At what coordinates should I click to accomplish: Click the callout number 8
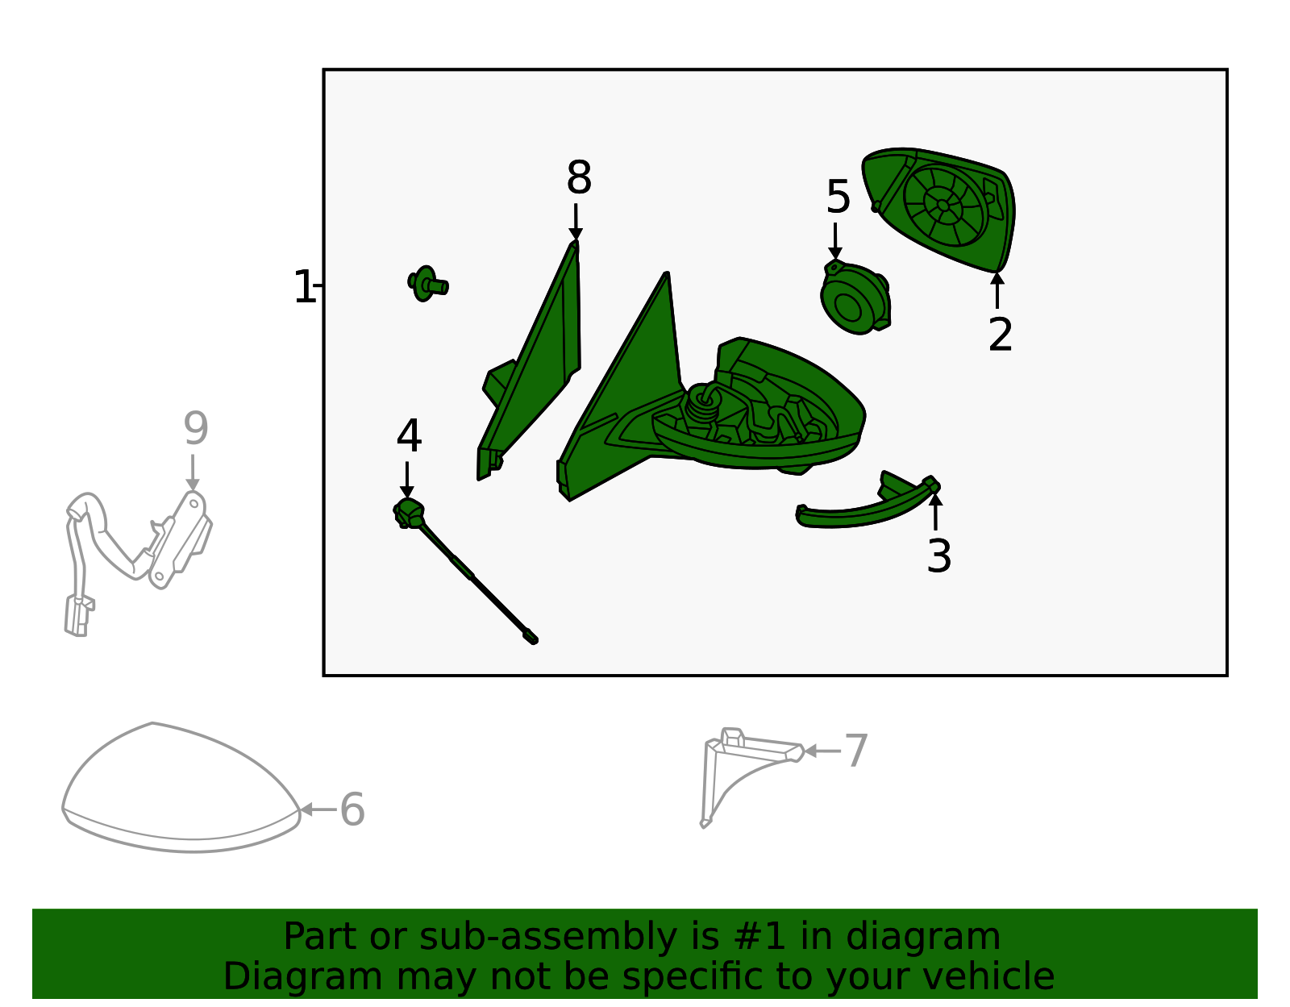click(579, 178)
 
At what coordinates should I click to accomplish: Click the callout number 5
click(838, 198)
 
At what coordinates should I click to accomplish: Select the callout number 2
click(1000, 335)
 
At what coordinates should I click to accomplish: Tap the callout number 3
click(938, 556)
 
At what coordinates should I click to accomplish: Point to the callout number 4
click(409, 437)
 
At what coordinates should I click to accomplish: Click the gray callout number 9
click(195, 429)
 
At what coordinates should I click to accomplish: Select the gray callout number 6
click(352, 809)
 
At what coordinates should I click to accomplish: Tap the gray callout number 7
click(856, 751)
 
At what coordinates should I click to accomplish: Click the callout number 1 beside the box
click(304, 288)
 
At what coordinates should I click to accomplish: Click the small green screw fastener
click(427, 284)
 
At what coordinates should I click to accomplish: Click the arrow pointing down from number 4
click(407, 480)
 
